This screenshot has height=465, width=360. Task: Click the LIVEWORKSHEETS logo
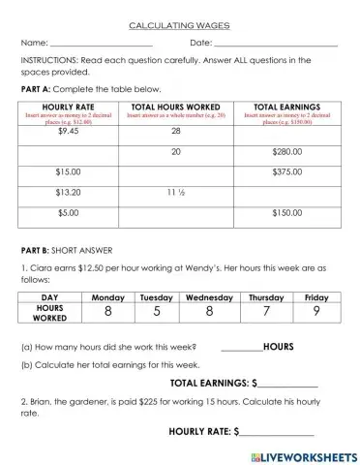[303, 454]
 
